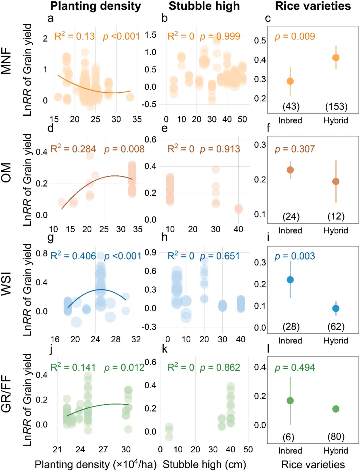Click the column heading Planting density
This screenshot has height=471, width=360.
pos(96,6)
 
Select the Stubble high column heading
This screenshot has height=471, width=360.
pos(204,6)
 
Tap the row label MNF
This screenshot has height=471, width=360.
pos(6,60)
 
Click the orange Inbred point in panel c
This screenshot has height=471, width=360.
pos(290,81)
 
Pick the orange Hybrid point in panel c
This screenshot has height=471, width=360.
pos(336,58)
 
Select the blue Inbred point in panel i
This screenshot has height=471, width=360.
pos(290,280)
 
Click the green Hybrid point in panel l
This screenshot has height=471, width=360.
pos(336,409)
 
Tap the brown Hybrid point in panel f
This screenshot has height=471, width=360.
pos(336,181)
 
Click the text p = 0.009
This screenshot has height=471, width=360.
pos(295,36)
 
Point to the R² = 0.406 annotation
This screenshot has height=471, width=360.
pos(73,256)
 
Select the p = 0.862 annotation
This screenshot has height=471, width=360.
pos(220,368)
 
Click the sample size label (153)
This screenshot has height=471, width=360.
pos(336,106)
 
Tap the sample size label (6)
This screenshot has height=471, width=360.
pos(288,437)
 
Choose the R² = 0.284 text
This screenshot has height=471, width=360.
pos(73,149)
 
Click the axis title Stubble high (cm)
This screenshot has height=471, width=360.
pos(204,464)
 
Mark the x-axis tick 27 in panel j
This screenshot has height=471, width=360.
pos(103,449)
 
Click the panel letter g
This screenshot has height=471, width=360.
pos(51,238)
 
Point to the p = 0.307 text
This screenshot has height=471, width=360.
pos(295,149)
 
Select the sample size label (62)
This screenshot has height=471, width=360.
pos(336,327)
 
